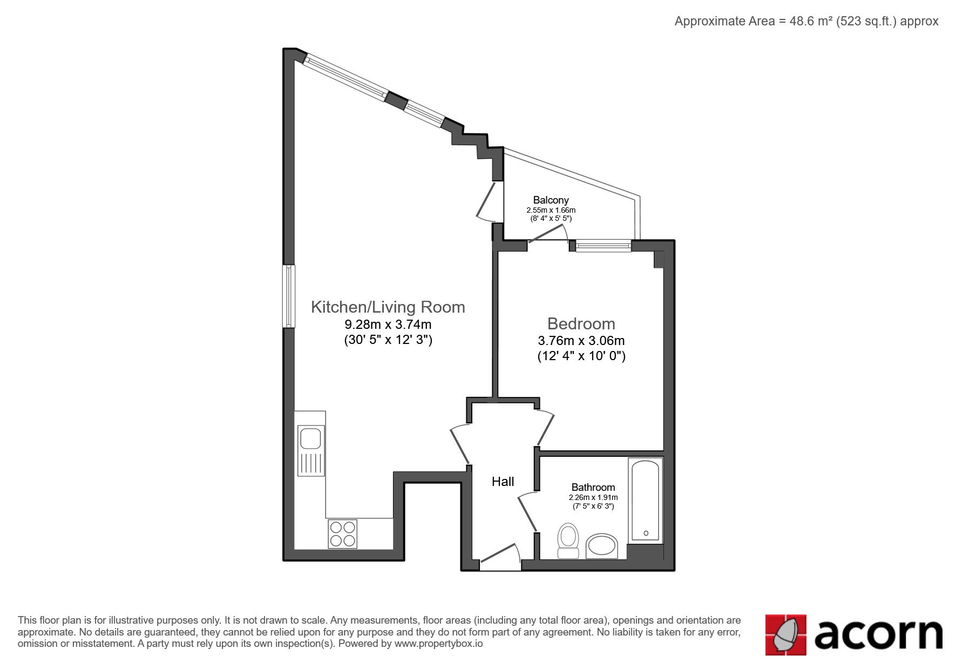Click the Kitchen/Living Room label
click(388, 307)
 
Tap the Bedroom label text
click(581, 323)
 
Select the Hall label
click(503, 482)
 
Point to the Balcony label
click(551, 200)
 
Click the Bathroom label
click(593, 487)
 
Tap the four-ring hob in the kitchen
click(343, 533)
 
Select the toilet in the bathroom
click(568, 540)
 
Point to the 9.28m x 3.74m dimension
click(388, 325)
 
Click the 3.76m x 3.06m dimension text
click(581, 341)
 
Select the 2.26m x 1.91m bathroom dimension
click(593, 497)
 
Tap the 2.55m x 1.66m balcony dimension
click(551, 210)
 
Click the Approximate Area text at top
click(806, 21)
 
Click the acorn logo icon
click(786, 635)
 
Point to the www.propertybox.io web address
click(438, 644)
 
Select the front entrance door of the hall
click(500, 556)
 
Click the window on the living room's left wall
click(290, 296)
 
